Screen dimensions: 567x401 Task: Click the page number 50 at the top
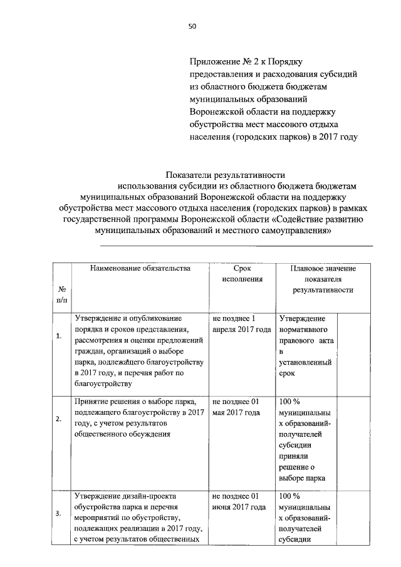tap(192, 26)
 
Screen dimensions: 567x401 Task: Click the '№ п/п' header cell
tap(62, 295)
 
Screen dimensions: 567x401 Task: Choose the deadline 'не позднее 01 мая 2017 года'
tap(236, 407)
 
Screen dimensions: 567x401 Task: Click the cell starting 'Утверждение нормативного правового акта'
tap(305, 345)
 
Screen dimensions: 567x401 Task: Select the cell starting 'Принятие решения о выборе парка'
tap(140, 417)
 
